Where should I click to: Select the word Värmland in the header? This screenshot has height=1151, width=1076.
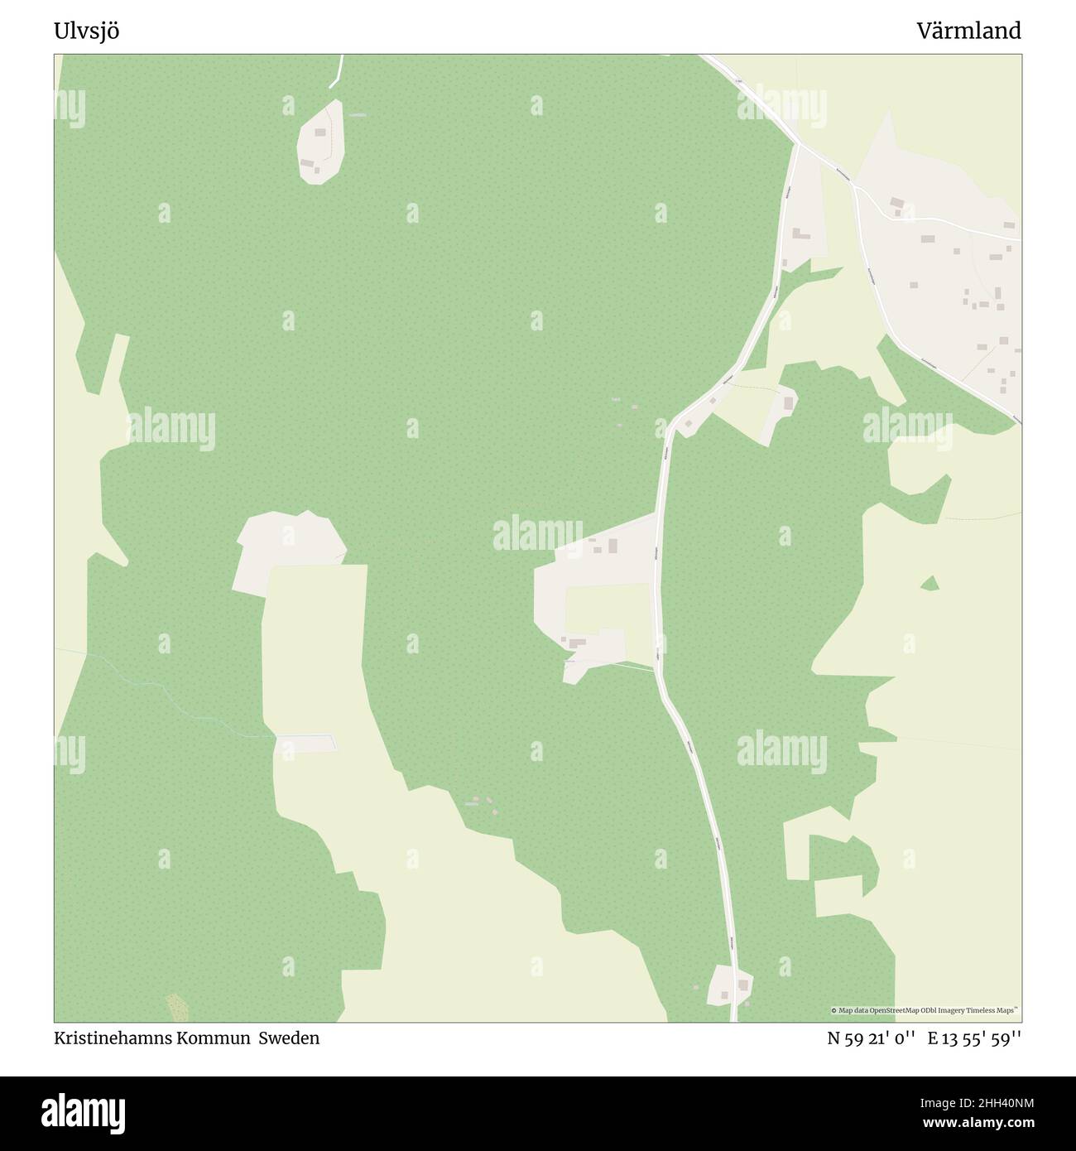[x=968, y=31]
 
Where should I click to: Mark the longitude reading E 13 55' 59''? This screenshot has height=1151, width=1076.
[x=974, y=1038]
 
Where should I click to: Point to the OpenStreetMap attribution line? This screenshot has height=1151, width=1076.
[x=925, y=1010]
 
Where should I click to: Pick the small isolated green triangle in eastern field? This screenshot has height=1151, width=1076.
[x=929, y=584]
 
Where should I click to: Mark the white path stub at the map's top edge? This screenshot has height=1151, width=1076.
[x=336, y=73]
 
